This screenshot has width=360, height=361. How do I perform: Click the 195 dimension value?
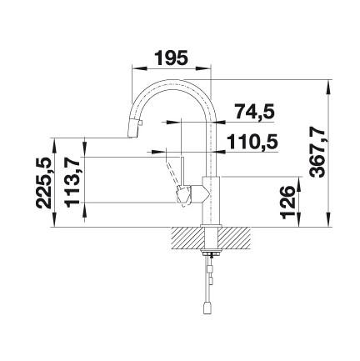[171, 58]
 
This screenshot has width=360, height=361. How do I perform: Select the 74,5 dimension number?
[255, 111]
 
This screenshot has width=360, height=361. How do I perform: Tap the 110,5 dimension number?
[252, 142]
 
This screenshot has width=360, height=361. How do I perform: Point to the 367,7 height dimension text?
[317, 150]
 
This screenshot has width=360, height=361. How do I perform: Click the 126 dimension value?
[287, 202]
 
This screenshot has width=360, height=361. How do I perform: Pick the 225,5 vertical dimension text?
[44, 183]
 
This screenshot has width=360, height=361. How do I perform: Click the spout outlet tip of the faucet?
[132, 136]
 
